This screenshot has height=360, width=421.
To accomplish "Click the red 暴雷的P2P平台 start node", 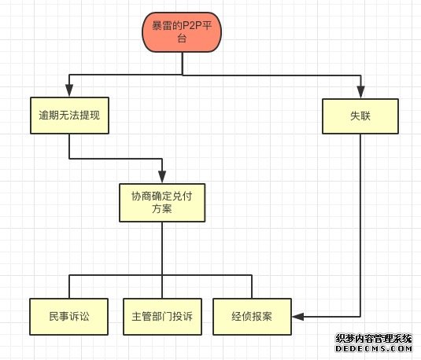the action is coord(182,32).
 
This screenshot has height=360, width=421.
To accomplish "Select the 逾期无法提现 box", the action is coord(69,116).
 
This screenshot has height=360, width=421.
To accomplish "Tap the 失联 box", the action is coord(360,116).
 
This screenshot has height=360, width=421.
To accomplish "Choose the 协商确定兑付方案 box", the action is coord(162,203).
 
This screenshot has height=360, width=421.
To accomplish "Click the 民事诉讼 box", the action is coord(69,317).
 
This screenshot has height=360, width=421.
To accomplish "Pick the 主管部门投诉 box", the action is coord(162,317).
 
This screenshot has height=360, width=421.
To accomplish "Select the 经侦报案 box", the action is coord(252,317).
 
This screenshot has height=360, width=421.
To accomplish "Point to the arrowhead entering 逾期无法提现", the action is coord(69,90).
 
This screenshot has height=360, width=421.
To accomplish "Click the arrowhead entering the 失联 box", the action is coord(361,92).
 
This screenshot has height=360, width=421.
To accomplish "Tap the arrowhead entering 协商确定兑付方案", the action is coord(162,177).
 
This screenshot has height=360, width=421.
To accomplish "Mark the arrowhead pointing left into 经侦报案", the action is coord(298,317).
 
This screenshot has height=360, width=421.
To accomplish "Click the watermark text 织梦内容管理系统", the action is coord(374,339).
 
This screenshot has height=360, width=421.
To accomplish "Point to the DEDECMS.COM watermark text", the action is coord(374,348).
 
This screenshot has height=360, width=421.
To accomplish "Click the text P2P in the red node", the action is coord(190,26).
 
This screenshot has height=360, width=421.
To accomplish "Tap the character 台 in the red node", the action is coord(182,38).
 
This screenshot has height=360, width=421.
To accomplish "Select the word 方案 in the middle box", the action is coord(162,209).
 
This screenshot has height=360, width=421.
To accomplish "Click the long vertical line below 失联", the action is coord(360,226).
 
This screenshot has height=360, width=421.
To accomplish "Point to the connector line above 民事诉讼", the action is coord(69,286).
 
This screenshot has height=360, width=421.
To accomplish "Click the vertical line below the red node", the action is coord(183,64).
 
